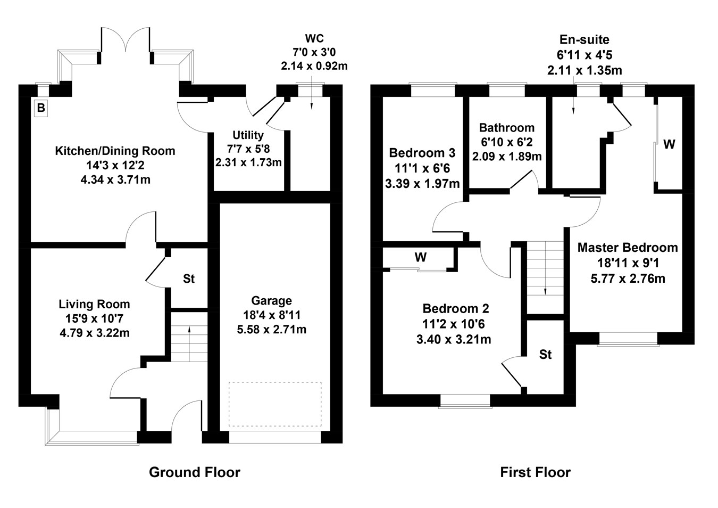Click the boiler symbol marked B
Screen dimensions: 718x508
click(x=41, y=109)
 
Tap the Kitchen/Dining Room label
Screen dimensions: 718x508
click(x=115, y=151)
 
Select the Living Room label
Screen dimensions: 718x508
click(x=94, y=304)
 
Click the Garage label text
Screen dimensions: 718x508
click(x=271, y=301)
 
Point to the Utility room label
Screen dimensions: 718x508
click(x=248, y=135)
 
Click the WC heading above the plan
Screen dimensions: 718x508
click(x=314, y=38)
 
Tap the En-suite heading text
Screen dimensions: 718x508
click(x=584, y=39)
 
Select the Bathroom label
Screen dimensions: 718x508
click(x=506, y=128)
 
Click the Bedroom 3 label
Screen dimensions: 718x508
click(x=422, y=153)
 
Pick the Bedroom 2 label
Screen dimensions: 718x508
click(x=455, y=309)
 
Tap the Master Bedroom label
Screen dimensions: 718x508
click(x=627, y=248)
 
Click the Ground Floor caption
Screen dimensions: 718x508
click(x=194, y=472)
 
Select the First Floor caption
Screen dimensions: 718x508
click(x=535, y=472)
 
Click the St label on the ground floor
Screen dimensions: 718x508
click(x=188, y=278)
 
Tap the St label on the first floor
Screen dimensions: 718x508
click(x=545, y=355)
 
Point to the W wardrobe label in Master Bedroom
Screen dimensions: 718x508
click(x=669, y=144)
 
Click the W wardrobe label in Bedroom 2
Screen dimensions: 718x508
click(x=420, y=258)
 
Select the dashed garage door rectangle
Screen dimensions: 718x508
click(x=275, y=404)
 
